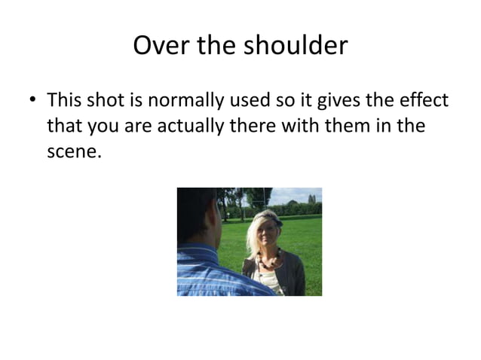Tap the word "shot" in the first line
tap(106, 100)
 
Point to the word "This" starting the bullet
tap(66, 100)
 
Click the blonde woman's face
tap(267, 236)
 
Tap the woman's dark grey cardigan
tap(294, 275)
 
